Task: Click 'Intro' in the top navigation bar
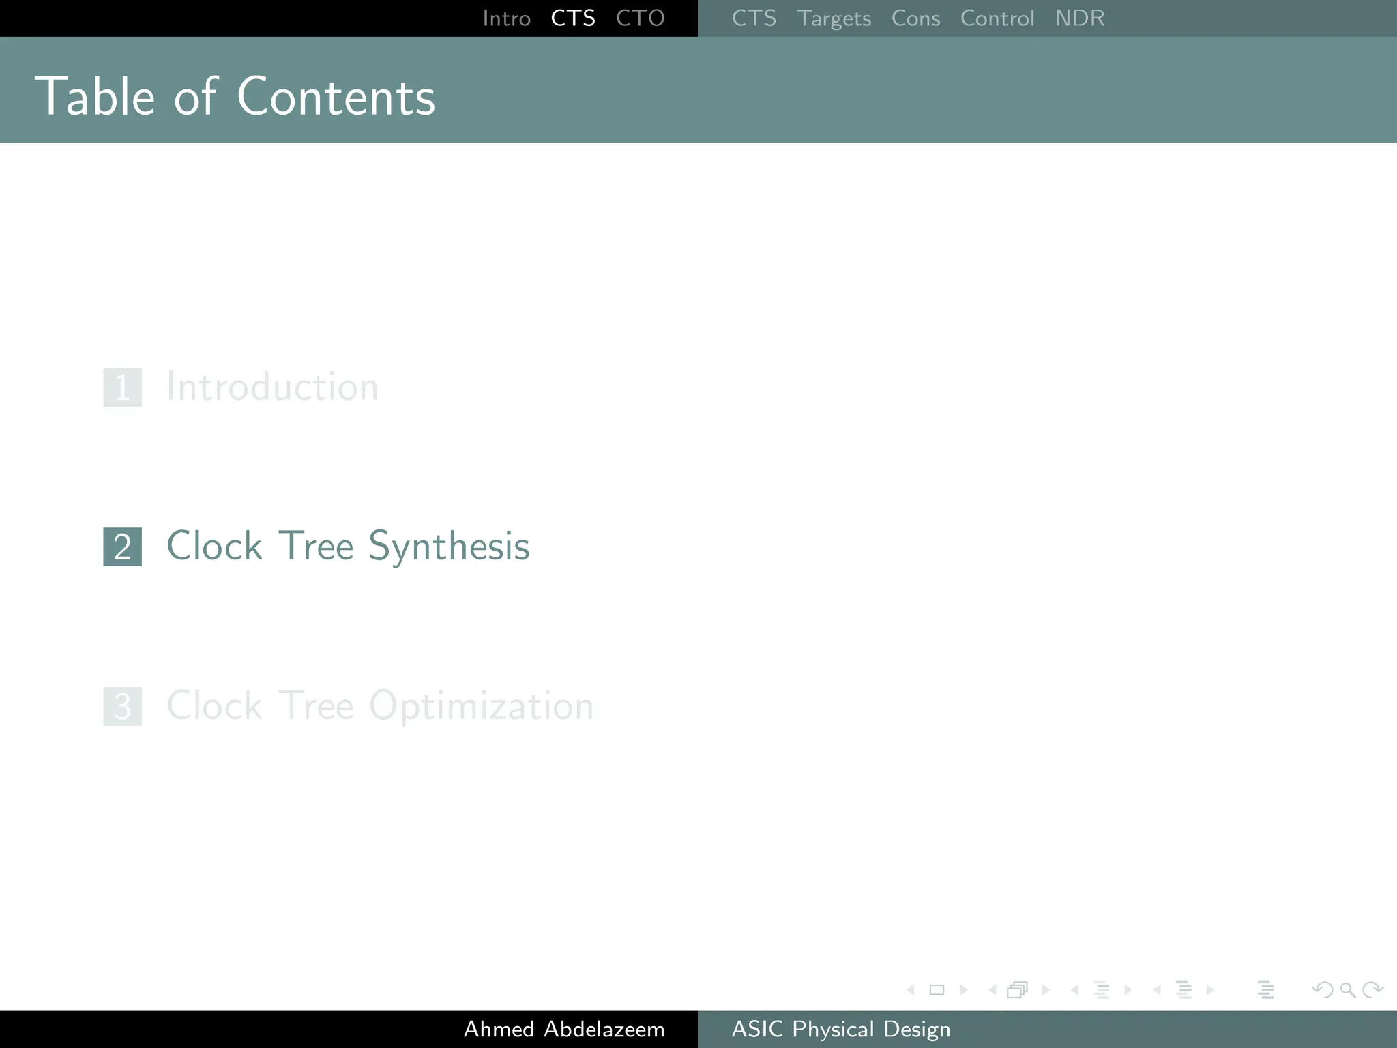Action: click(506, 18)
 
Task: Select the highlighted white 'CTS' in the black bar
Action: click(573, 18)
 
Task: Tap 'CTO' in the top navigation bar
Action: click(640, 18)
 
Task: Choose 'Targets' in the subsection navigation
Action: click(834, 18)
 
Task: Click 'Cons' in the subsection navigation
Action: click(915, 18)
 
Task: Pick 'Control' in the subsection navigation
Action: click(997, 18)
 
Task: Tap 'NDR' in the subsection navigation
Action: click(1079, 18)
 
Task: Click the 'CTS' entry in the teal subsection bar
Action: click(754, 18)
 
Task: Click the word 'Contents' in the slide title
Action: click(336, 97)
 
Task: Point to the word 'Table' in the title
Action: click(95, 97)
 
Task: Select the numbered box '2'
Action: click(123, 547)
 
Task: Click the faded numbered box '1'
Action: click(123, 387)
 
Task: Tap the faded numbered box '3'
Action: click(123, 706)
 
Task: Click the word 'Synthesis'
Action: click(449, 547)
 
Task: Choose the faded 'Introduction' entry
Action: click(272, 387)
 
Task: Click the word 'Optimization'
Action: click(481, 706)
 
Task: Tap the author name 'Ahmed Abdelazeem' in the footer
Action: click(564, 1029)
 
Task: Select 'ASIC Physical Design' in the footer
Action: click(840, 1029)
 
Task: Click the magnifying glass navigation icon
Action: click(1347, 989)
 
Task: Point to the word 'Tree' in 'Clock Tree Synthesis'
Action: click(316, 547)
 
